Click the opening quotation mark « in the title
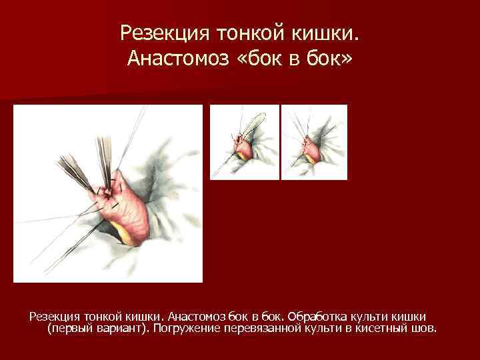pos(244,61)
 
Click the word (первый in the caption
pos(69,328)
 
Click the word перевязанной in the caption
pos(261,328)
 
